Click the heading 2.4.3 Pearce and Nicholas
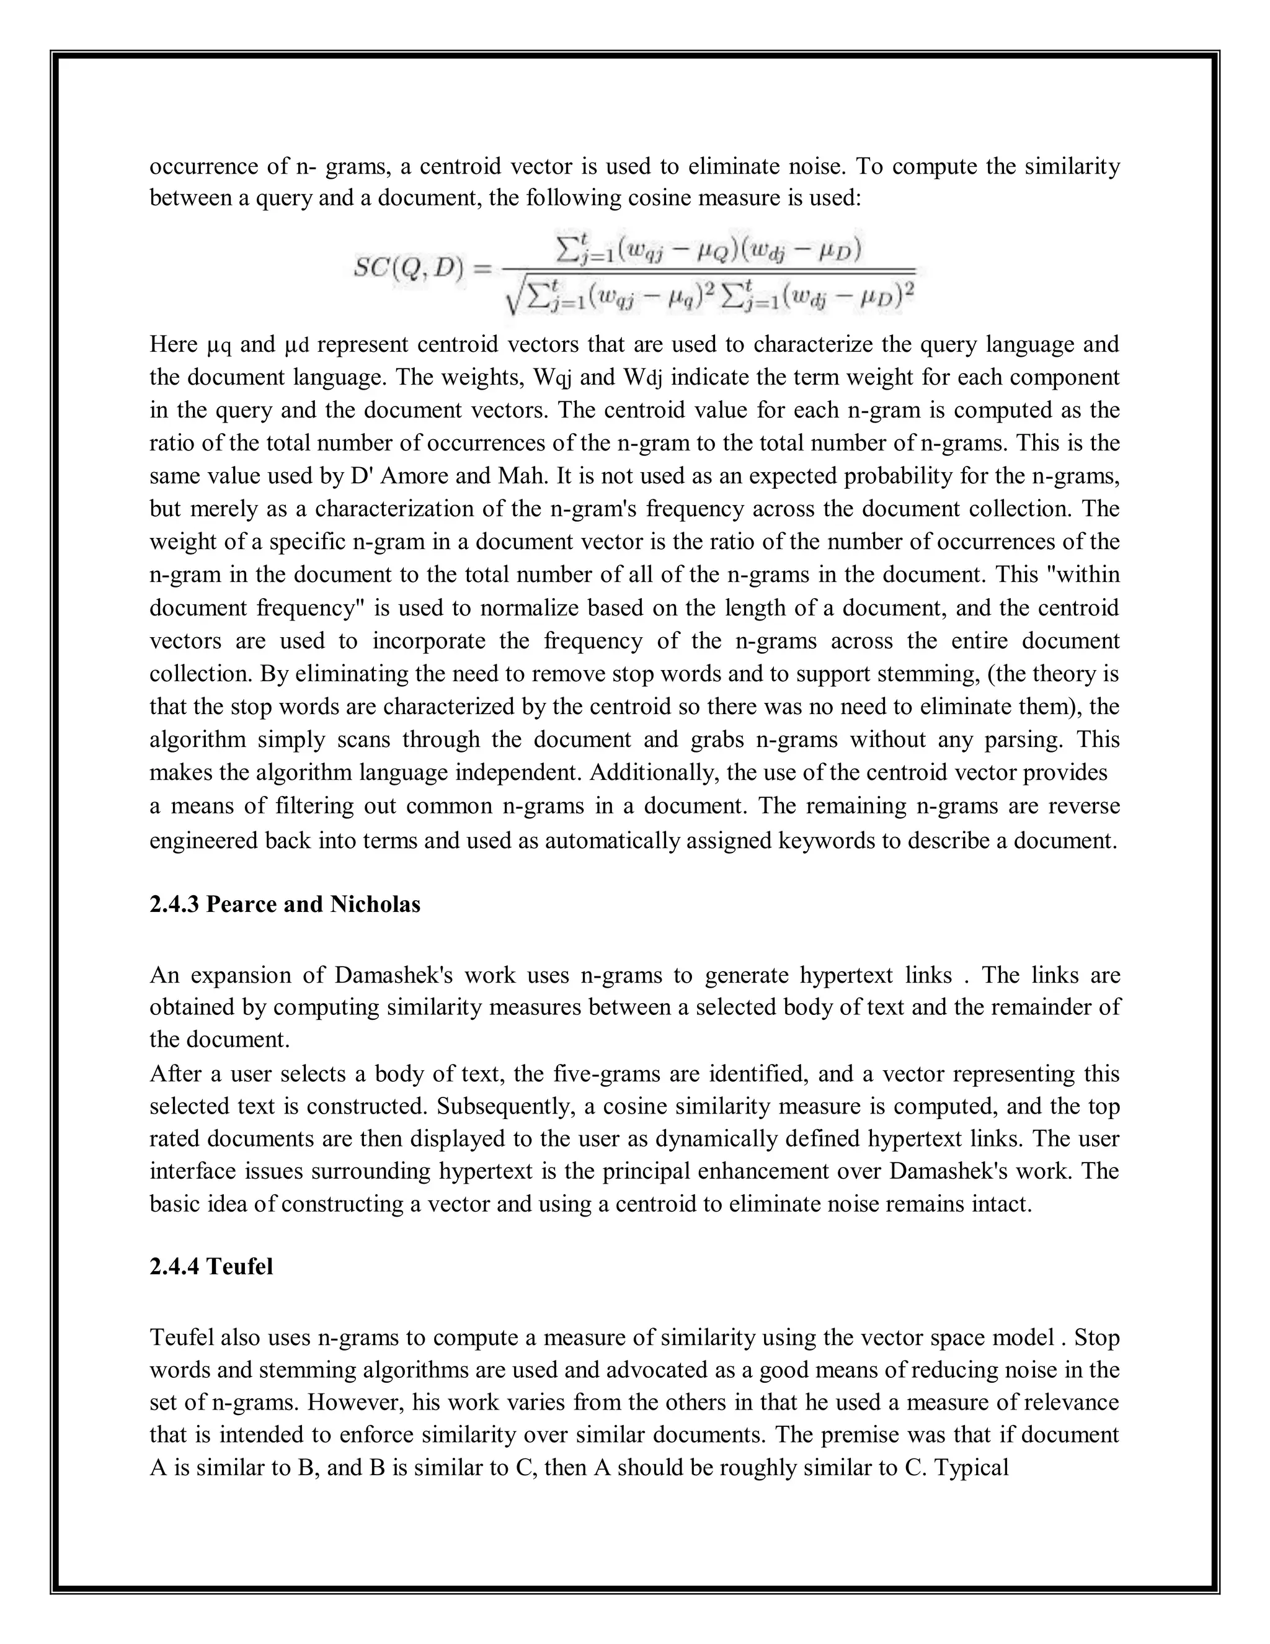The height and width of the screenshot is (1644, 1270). click(x=285, y=904)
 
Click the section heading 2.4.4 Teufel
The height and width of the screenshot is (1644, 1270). click(x=211, y=1267)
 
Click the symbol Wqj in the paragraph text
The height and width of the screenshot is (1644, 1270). click(x=553, y=377)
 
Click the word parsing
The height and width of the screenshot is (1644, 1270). click(x=1023, y=740)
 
